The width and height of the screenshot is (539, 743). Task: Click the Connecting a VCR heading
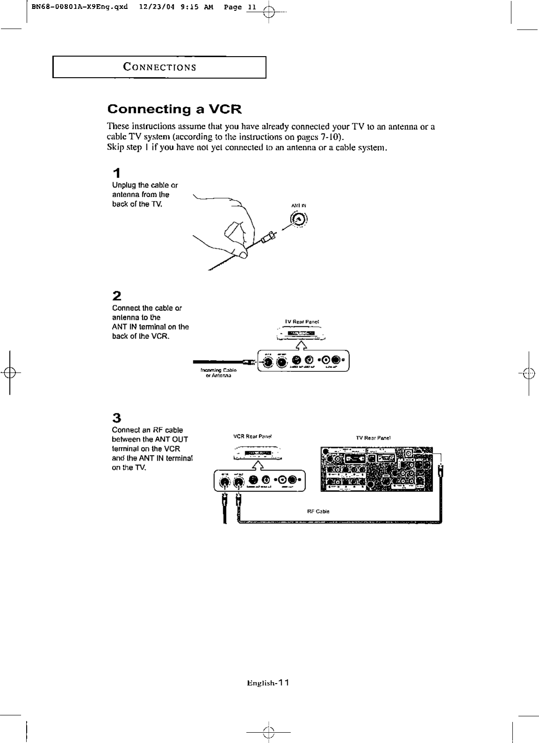click(174, 109)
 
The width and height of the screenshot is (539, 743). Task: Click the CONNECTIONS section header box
click(159, 67)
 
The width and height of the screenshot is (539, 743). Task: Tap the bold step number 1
click(117, 173)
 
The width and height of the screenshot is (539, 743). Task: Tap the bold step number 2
click(117, 296)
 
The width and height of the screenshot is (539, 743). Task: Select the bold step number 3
click(117, 418)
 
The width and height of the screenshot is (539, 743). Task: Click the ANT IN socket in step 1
click(299, 219)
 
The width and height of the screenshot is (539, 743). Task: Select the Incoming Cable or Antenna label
click(219, 373)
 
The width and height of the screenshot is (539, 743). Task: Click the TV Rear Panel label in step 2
click(302, 322)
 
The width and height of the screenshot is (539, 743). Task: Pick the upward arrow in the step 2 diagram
click(302, 345)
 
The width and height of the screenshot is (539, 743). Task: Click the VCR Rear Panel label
click(253, 437)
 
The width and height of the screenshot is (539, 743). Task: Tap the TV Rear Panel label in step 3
click(373, 438)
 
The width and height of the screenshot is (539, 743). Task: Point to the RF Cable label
click(318, 512)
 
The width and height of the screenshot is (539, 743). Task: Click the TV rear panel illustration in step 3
click(376, 469)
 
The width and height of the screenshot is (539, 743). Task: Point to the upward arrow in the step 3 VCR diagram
click(257, 465)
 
